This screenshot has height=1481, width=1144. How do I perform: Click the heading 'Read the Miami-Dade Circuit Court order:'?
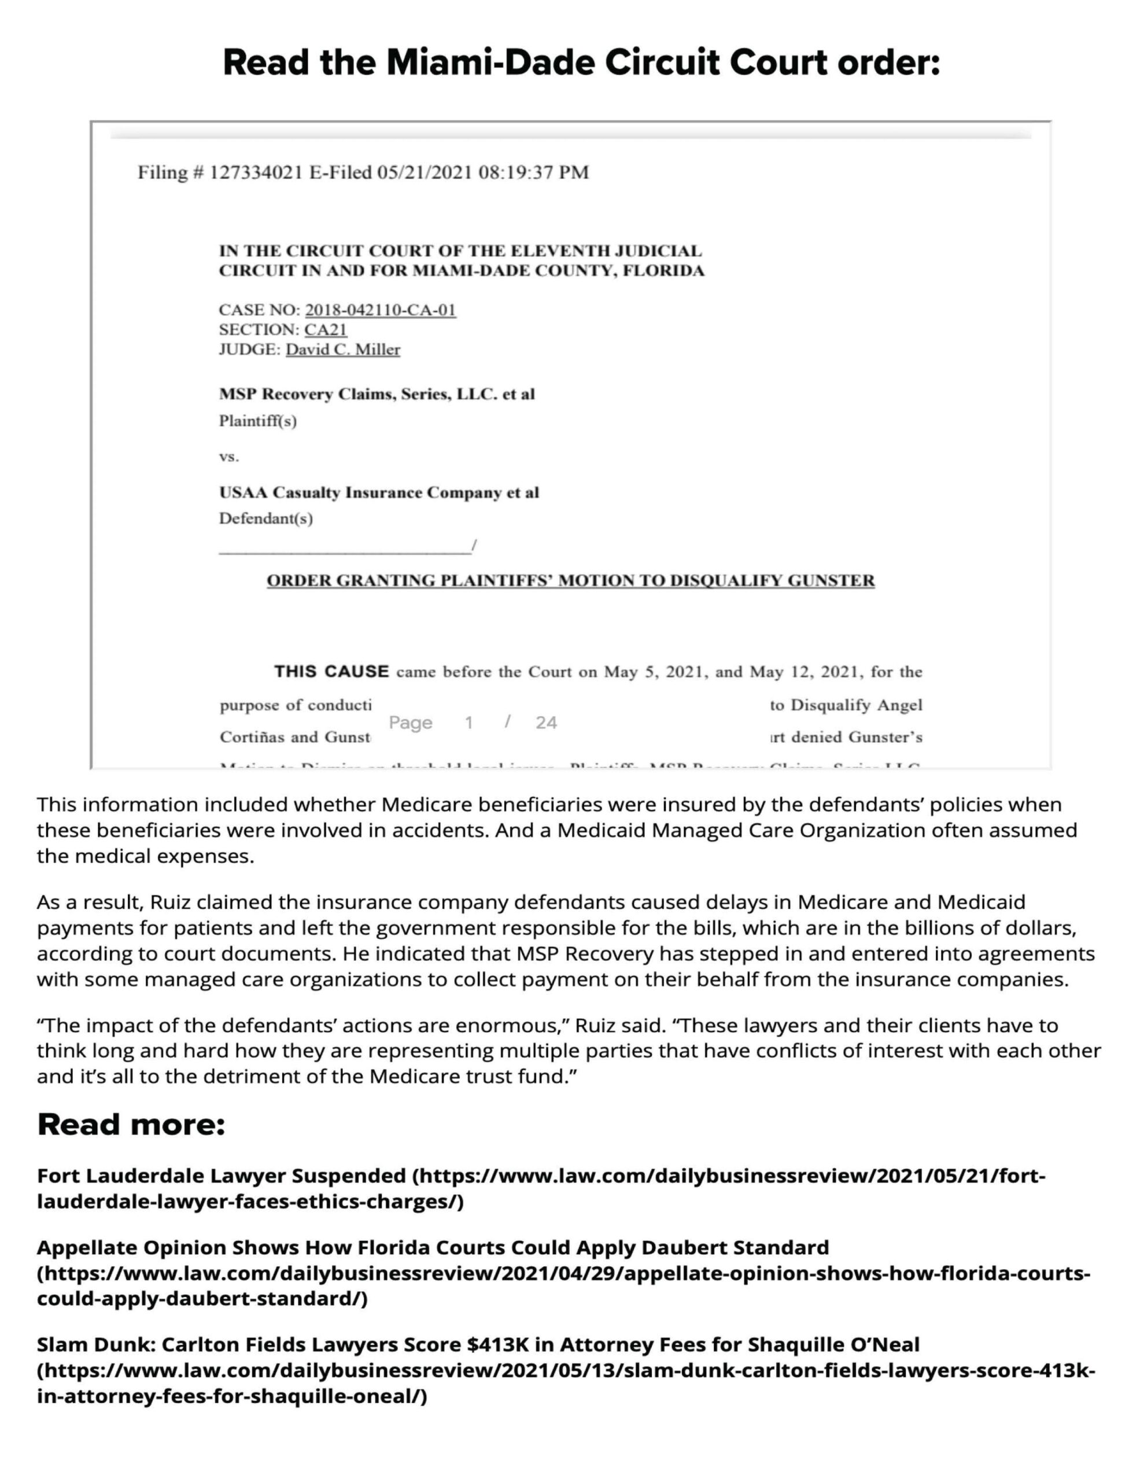pyautogui.click(x=581, y=62)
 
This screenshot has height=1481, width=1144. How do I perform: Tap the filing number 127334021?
pyautogui.click(x=255, y=173)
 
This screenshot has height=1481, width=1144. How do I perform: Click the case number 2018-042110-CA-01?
pyautogui.click(x=380, y=311)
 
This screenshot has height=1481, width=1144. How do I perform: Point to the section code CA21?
pyautogui.click(x=326, y=330)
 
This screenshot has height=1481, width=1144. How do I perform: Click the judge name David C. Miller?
pyautogui.click(x=342, y=350)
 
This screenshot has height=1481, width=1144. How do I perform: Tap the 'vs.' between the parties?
pyautogui.click(x=228, y=457)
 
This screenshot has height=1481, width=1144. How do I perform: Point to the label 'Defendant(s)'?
pyautogui.click(x=266, y=519)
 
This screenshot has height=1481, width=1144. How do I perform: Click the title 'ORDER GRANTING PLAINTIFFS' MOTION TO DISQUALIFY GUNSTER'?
pyautogui.click(x=570, y=581)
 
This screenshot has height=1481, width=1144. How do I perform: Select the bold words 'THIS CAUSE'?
pyautogui.click(x=331, y=672)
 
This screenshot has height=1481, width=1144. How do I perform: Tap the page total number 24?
pyautogui.click(x=546, y=723)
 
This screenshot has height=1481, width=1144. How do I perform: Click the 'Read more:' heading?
pyautogui.click(x=131, y=1124)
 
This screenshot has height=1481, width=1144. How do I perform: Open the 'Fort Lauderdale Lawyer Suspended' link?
pyautogui.click(x=221, y=1175)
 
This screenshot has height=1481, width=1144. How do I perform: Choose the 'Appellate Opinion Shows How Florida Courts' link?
pyautogui.click(x=433, y=1248)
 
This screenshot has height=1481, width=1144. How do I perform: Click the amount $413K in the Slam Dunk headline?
pyautogui.click(x=498, y=1344)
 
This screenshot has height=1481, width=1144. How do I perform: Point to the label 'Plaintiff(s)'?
pyautogui.click(x=258, y=422)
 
